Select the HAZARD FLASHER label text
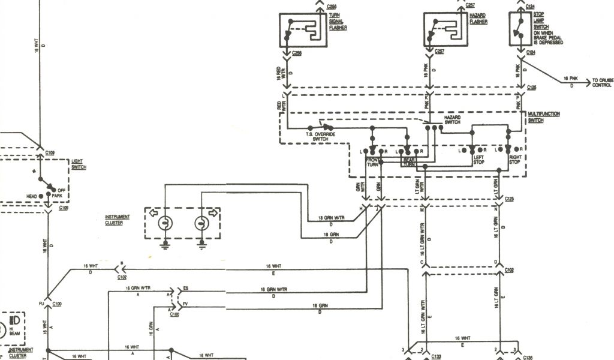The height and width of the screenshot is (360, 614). pyautogui.click(x=478, y=19)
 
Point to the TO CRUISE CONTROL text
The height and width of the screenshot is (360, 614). pyautogui.click(x=601, y=82)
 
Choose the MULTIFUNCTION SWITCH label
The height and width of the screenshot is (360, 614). pyautogui.click(x=535, y=117)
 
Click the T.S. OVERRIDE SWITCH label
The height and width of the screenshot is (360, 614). pyautogui.click(x=320, y=136)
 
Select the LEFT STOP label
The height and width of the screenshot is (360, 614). pyautogui.click(x=478, y=160)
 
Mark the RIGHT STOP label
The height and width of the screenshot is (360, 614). pyautogui.click(x=514, y=160)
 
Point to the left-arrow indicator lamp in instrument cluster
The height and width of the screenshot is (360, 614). pyautogui.click(x=164, y=223)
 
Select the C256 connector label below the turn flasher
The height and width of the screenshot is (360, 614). pyautogui.click(x=297, y=54)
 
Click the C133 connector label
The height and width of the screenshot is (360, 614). pyautogui.click(x=437, y=356)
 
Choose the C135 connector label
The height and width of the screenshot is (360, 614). pyautogui.click(x=528, y=356)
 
